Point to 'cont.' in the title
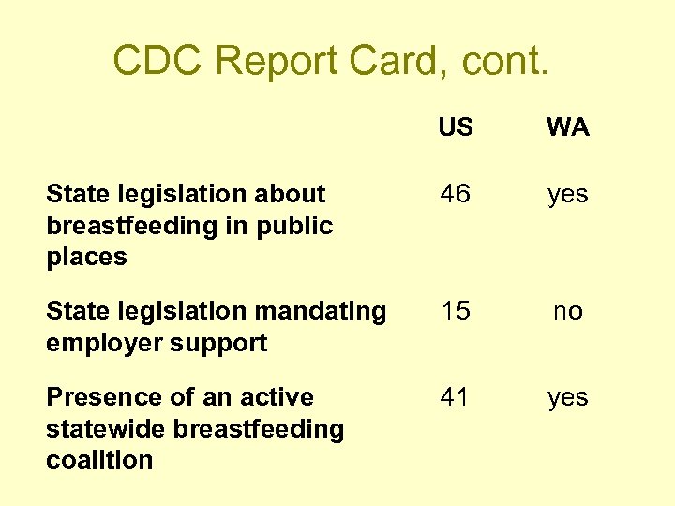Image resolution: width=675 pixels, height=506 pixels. pyautogui.click(x=496, y=62)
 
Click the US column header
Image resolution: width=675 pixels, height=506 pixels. pyautogui.click(x=456, y=127)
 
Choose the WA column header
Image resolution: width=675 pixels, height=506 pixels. pyautogui.click(x=568, y=127)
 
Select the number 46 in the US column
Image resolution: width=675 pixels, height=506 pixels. pyautogui.click(x=456, y=194)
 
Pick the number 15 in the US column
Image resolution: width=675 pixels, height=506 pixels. pyautogui.click(x=456, y=311)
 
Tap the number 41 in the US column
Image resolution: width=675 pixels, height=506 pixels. pyautogui.click(x=456, y=397)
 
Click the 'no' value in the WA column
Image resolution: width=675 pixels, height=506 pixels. pyautogui.click(x=568, y=311)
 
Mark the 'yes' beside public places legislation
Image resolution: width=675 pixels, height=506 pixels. pyautogui.click(x=568, y=194)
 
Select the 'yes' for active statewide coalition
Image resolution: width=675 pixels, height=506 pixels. pyautogui.click(x=568, y=397)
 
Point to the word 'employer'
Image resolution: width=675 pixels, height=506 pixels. pyautogui.click(x=99, y=343)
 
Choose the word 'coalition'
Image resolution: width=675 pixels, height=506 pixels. pyautogui.click(x=99, y=460)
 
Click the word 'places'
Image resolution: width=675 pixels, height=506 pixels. pyautogui.click(x=86, y=257)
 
